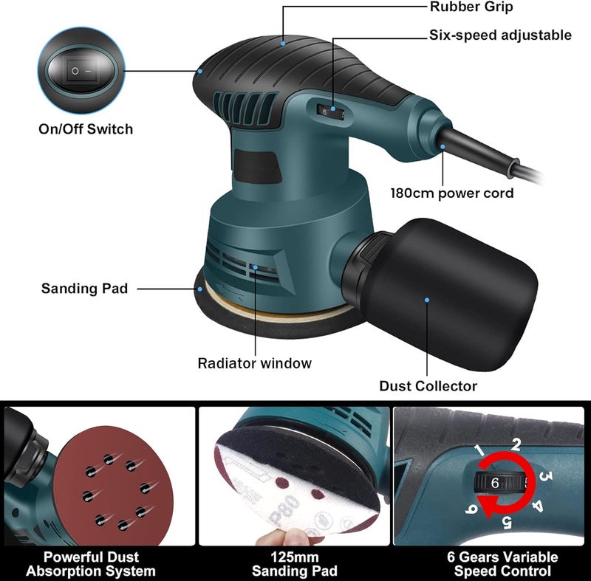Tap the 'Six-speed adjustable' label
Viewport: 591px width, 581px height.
(501, 35)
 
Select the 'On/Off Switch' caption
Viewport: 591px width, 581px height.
(86, 129)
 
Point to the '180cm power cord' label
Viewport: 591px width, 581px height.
(452, 193)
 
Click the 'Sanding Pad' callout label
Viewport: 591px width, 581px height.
(84, 288)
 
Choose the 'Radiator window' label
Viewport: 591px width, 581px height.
(254, 363)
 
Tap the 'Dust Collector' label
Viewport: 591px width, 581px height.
(428, 385)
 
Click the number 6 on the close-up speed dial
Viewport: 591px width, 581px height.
(495, 482)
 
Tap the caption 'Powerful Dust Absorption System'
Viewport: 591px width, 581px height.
(91, 564)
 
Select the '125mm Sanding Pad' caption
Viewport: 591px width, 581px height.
(295, 564)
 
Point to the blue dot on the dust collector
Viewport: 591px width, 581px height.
(426, 300)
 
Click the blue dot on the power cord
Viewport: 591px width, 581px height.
(443, 148)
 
